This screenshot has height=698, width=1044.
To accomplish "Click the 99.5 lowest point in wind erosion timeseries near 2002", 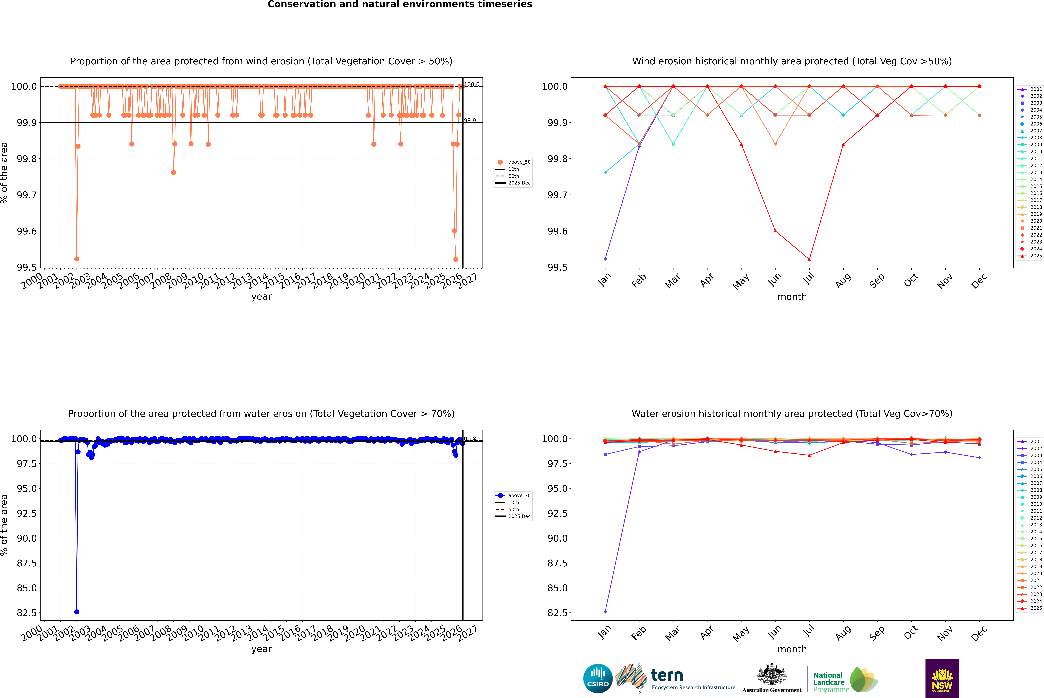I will [77, 259].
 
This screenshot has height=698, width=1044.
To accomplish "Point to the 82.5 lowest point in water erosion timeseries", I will [77, 612].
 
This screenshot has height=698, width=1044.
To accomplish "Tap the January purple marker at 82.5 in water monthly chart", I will [605, 612].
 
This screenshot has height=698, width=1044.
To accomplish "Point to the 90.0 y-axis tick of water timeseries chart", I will [27, 538].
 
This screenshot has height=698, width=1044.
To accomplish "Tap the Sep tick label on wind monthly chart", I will [877, 280].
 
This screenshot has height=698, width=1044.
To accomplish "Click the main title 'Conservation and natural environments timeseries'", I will [400, 4].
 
